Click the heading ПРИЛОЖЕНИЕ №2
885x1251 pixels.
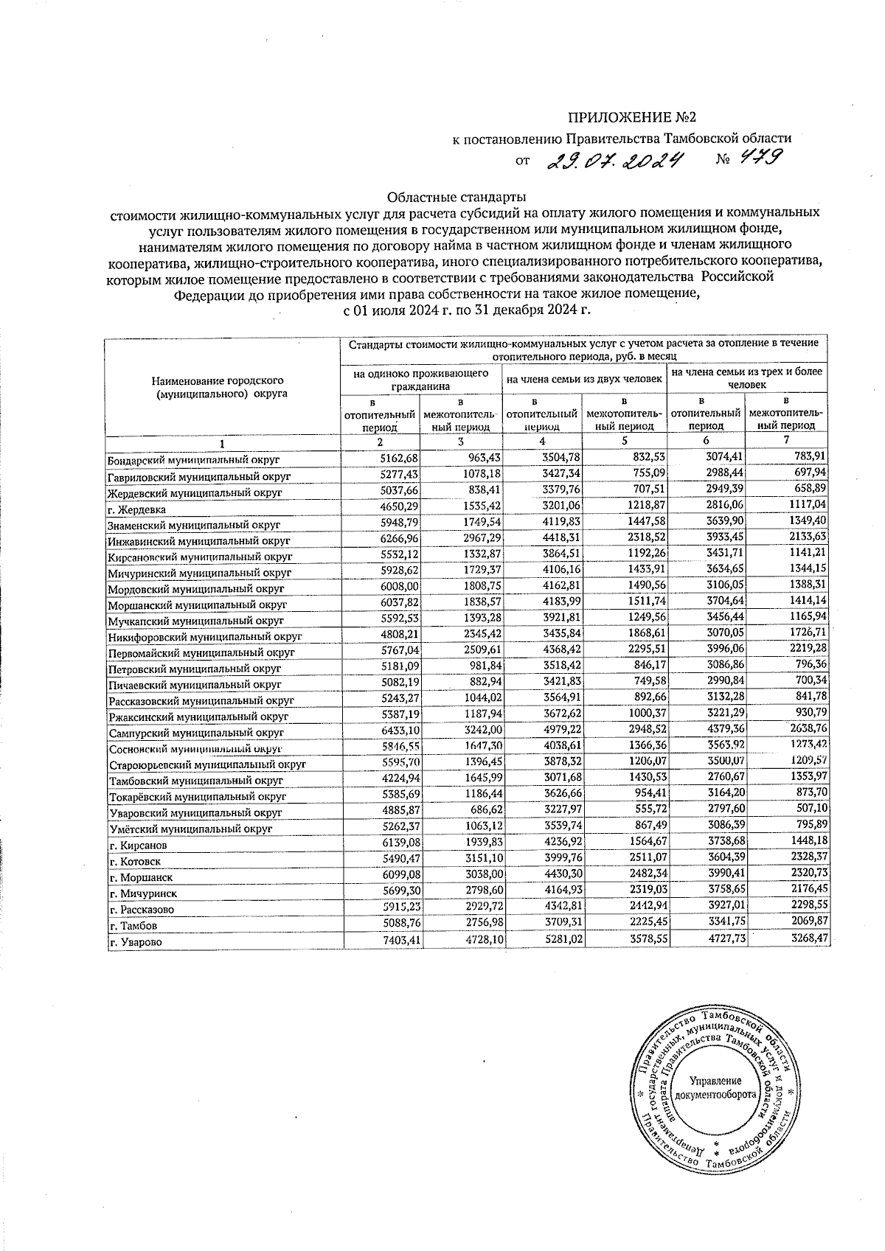[x=631, y=118]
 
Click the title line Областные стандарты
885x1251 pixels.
[x=457, y=198]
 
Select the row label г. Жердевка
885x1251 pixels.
[x=136, y=509]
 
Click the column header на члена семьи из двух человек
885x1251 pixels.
[x=584, y=380]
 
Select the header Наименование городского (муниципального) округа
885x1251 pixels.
[x=218, y=387]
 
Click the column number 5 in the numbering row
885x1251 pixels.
[x=624, y=442]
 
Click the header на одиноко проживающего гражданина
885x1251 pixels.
[x=421, y=380]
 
